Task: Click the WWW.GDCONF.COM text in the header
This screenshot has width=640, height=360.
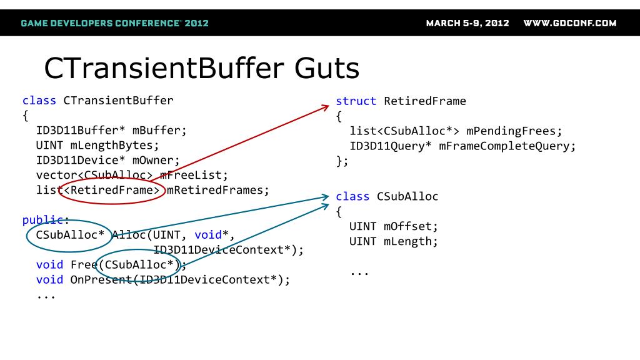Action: point(569,24)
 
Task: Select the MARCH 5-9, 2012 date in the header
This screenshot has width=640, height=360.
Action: point(467,24)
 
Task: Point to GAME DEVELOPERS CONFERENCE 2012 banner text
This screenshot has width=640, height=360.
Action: point(114,24)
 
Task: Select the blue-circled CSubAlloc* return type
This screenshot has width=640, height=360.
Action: point(70,236)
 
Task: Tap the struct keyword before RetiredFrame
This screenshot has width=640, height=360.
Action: point(356,101)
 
